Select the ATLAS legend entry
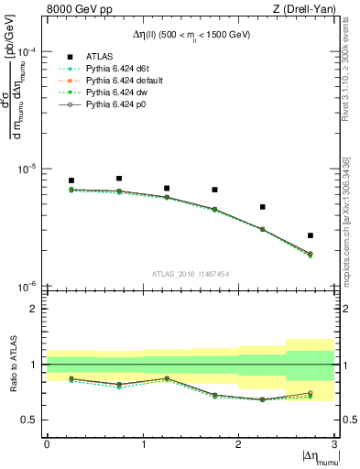(97, 58)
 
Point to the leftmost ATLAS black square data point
(71, 180)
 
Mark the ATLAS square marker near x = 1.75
(214, 190)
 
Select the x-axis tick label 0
(47, 442)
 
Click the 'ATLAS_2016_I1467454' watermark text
(191, 273)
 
